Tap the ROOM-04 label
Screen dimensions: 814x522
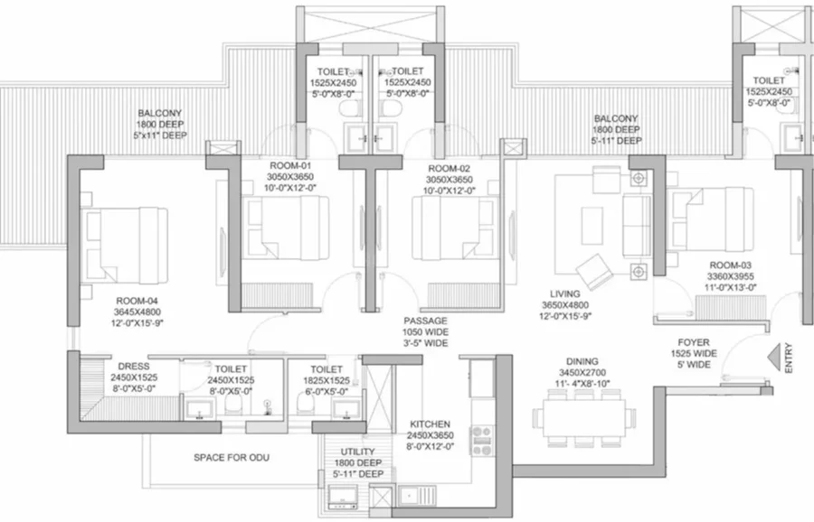tap(137, 301)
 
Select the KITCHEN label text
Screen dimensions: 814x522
tap(430, 424)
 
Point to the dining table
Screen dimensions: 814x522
tap(584, 418)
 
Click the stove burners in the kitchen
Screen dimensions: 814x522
tap(482, 441)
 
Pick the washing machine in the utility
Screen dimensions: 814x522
tap(343, 497)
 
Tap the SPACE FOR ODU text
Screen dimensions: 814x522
tap(232, 458)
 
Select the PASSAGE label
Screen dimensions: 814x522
tap(425, 321)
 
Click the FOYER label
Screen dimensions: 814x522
tap(694, 342)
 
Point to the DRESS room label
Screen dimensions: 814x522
tap(134, 367)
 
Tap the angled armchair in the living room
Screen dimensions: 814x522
tap(594, 271)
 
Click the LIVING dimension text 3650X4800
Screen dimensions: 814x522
tap(565, 305)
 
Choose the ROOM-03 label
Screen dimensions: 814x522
tap(731, 266)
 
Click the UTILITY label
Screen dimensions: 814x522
tap(357, 452)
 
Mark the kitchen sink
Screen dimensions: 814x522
tap(417, 496)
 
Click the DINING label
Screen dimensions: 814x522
tap(582, 361)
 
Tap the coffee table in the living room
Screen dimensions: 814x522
tap(592, 226)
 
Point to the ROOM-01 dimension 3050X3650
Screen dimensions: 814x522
tap(290, 177)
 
